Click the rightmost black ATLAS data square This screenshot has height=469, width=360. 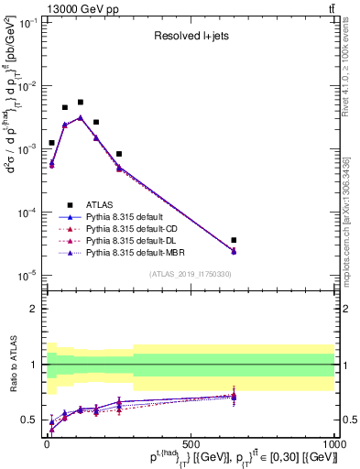[234, 240]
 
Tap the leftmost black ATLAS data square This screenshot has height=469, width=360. [51, 143]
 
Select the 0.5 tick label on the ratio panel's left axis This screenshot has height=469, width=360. [30, 420]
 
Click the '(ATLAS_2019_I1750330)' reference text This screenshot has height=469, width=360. [190, 274]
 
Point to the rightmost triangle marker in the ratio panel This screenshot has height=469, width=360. [234, 396]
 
